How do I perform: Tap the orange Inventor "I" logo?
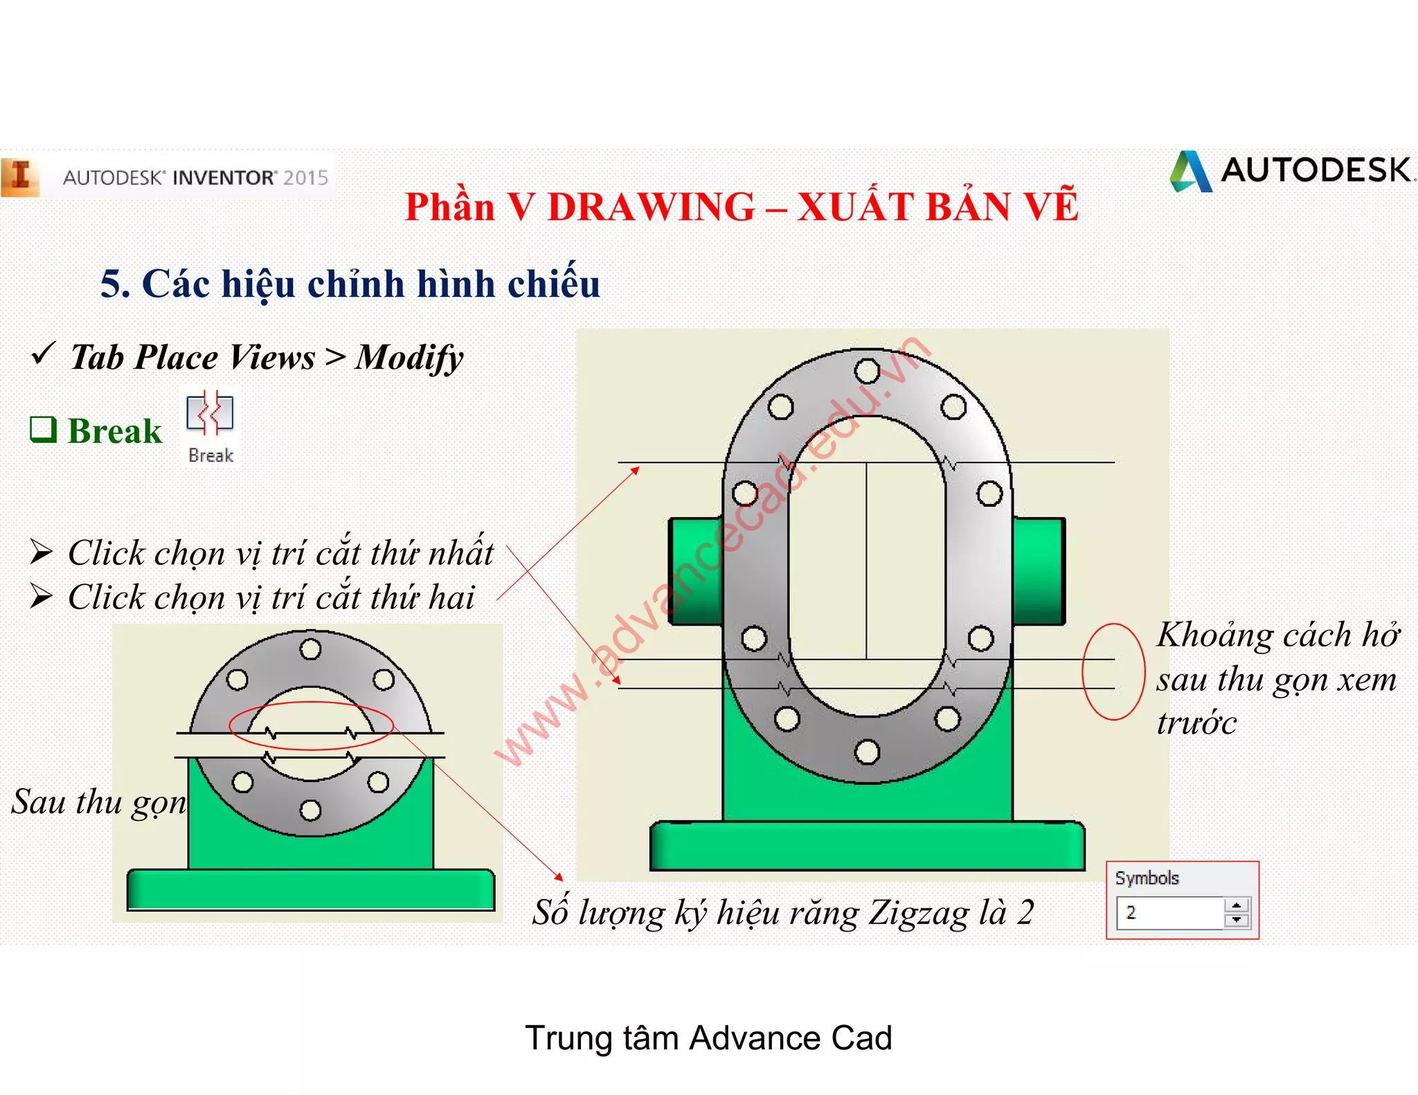click(20, 177)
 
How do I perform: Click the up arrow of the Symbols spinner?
click(1237, 905)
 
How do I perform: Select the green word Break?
click(115, 431)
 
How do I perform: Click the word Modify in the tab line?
click(409, 358)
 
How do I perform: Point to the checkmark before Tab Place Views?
click(43, 354)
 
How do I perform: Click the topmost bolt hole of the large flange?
click(867, 370)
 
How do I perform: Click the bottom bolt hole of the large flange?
click(867, 752)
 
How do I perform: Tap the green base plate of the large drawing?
click(867, 846)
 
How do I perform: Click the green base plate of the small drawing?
click(310, 889)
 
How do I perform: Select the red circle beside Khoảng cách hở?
click(1113, 672)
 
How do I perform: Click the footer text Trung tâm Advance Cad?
click(708, 1038)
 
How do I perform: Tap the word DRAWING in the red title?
click(651, 207)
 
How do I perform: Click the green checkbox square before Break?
click(43, 429)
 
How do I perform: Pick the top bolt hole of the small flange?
click(310, 649)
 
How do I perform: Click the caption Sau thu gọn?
click(98, 802)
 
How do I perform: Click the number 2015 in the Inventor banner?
click(305, 178)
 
